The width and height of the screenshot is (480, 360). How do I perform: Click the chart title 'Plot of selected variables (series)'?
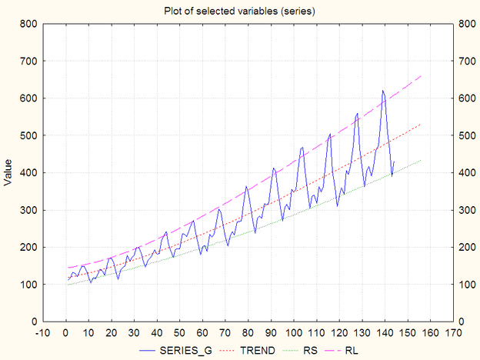[239, 11]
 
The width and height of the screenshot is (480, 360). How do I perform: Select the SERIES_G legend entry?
[189, 350]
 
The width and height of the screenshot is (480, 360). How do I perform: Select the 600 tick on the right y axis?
[467, 98]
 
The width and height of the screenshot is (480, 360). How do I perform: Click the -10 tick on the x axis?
[43, 333]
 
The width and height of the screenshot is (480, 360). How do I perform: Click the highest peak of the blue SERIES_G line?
[382, 91]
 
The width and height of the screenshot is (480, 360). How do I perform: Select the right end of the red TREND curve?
[422, 123]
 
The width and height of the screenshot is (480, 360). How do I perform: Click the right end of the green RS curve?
[422, 160]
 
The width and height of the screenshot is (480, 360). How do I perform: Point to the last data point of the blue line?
[394, 161]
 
